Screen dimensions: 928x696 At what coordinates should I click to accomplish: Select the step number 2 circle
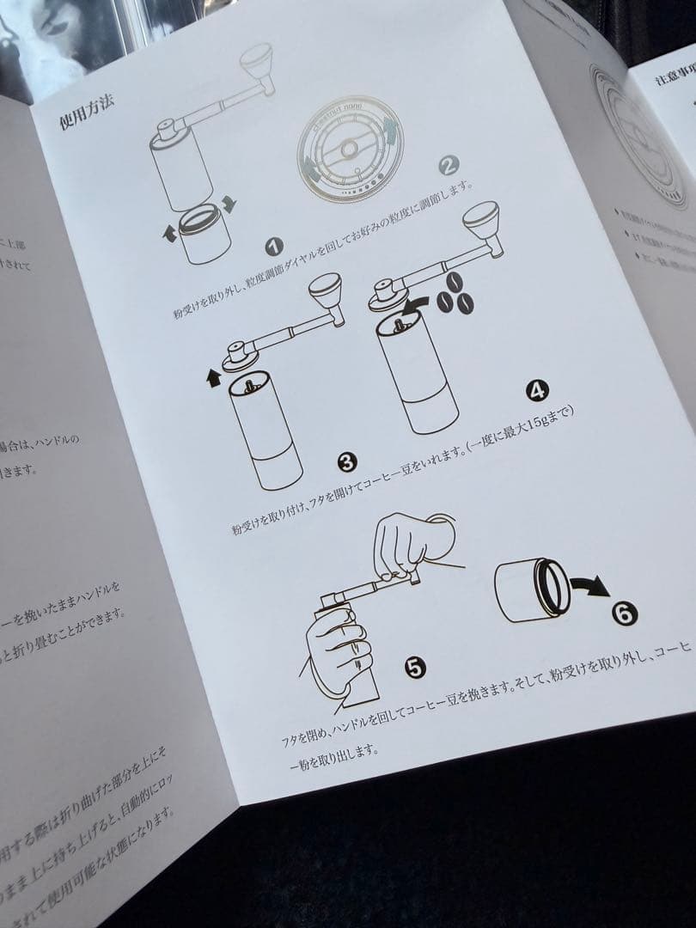tap(449, 165)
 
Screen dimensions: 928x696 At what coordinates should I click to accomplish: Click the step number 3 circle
tap(347, 463)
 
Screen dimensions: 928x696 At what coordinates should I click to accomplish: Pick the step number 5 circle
tap(415, 667)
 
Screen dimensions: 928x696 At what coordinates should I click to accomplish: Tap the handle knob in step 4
tap(484, 223)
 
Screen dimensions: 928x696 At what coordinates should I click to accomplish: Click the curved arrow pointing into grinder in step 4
tap(415, 302)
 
